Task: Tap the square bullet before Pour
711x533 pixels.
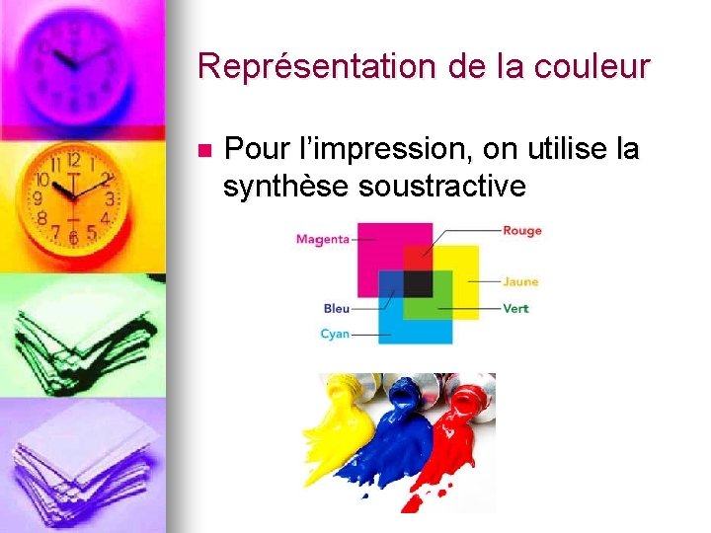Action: pos(204,151)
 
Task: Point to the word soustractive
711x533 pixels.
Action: pos(442,186)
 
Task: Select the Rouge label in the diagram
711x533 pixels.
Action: pos(521,231)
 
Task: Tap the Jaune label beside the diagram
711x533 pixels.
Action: pos(519,282)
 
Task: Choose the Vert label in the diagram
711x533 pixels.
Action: pos(515,308)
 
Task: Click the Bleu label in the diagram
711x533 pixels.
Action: pos(336,309)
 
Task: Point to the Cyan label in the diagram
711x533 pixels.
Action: pos(335,335)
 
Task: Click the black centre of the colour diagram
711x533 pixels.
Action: pos(417,284)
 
